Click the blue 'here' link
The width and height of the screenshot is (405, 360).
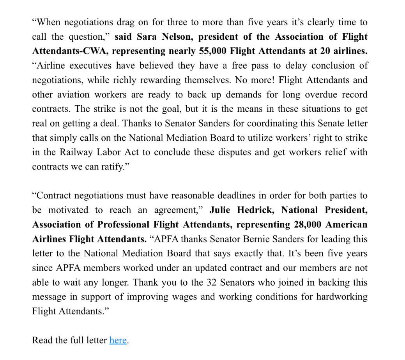click(x=118, y=340)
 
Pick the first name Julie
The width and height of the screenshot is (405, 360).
click(x=221, y=210)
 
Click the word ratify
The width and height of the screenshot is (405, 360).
click(x=113, y=167)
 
